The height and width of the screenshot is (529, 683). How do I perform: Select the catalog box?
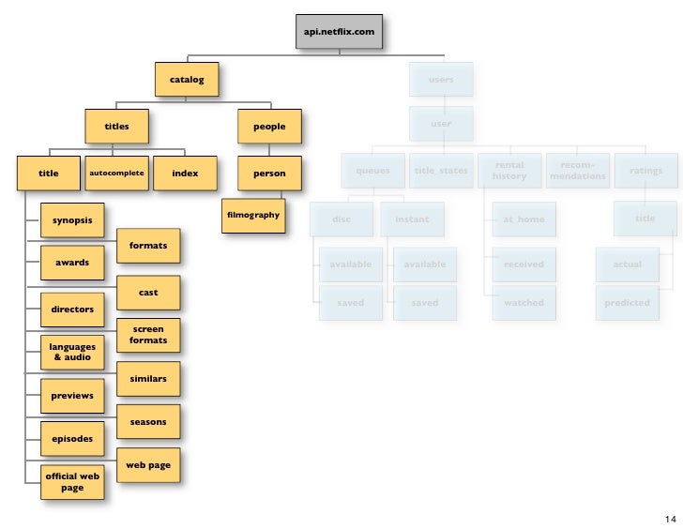click(x=187, y=80)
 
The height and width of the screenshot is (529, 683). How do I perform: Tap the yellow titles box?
click(x=116, y=126)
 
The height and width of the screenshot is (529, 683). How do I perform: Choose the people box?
click(x=269, y=126)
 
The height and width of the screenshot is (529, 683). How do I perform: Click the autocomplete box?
click(x=116, y=174)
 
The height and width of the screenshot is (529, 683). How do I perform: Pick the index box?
click(x=185, y=174)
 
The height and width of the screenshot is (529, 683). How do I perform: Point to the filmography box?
click(x=253, y=216)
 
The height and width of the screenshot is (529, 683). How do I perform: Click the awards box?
click(x=72, y=263)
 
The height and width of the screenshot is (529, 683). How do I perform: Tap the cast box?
click(x=148, y=294)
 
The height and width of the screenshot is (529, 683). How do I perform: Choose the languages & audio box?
click(x=72, y=352)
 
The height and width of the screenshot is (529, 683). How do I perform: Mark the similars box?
click(x=148, y=379)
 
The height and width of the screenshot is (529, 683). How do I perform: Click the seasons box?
click(x=148, y=422)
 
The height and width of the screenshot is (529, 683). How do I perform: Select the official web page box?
click(x=72, y=482)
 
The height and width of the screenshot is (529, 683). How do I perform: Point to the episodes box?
click(x=72, y=438)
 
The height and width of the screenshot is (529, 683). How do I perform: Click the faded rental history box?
click(x=509, y=171)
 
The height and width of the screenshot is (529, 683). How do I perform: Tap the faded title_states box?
click(x=441, y=171)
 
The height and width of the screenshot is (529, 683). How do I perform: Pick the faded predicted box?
click(x=627, y=303)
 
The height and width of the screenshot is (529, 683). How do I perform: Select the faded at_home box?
click(x=524, y=219)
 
